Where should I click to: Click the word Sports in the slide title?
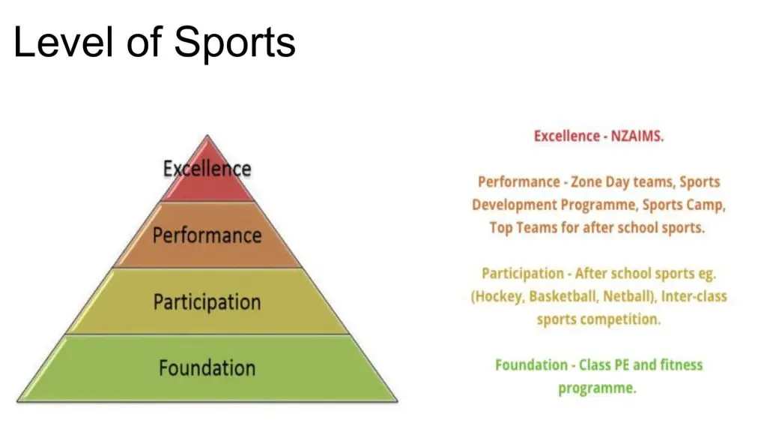point(234,43)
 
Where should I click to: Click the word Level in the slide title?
point(63,42)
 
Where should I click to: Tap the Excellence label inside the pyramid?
point(207,169)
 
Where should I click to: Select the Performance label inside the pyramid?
point(207,235)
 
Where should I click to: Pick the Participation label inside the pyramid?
point(207,301)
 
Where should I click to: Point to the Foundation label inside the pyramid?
point(207,367)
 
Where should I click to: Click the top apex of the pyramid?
point(207,135)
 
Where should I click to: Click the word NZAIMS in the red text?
point(636,136)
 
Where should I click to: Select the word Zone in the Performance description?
point(587,181)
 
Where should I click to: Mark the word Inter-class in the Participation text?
point(694,296)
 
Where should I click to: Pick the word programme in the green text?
point(597,388)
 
